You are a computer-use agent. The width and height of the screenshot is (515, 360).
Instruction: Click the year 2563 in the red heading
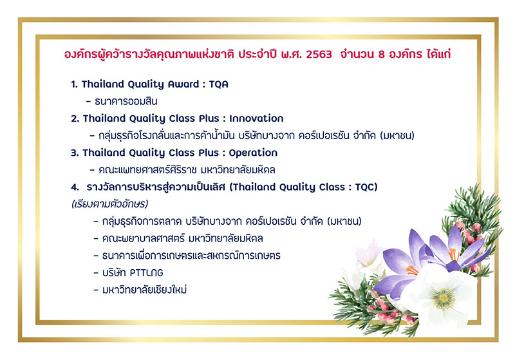[x=319, y=54]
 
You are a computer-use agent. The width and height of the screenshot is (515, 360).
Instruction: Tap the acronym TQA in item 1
[x=218, y=84]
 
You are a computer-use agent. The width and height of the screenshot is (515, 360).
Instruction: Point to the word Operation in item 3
[x=253, y=153]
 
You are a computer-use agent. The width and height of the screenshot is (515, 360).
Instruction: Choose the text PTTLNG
[x=147, y=273]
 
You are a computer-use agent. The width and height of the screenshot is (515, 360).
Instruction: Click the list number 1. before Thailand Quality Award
[x=74, y=84]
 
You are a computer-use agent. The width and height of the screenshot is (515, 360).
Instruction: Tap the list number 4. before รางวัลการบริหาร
[x=75, y=187]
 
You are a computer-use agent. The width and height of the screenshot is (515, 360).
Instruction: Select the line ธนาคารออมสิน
[x=126, y=101]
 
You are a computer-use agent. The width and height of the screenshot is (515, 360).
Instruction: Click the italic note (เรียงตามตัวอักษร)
[x=109, y=204]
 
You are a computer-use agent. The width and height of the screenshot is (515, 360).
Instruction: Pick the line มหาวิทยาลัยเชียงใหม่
[x=144, y=290]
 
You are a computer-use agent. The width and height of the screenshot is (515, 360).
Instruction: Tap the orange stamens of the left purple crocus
[x=411, y=270]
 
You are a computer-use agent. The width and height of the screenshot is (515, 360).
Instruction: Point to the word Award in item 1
[x=183, y=84]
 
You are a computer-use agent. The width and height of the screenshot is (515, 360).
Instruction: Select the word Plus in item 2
[x=209, y=118]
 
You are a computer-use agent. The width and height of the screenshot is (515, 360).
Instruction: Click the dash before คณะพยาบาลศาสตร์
[x=96, y=238]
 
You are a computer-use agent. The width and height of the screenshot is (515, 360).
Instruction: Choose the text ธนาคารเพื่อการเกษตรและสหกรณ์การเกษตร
[x=191, y=255]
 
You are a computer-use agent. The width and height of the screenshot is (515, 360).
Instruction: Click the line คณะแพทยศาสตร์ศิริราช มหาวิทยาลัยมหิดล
[x=187, y=170]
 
